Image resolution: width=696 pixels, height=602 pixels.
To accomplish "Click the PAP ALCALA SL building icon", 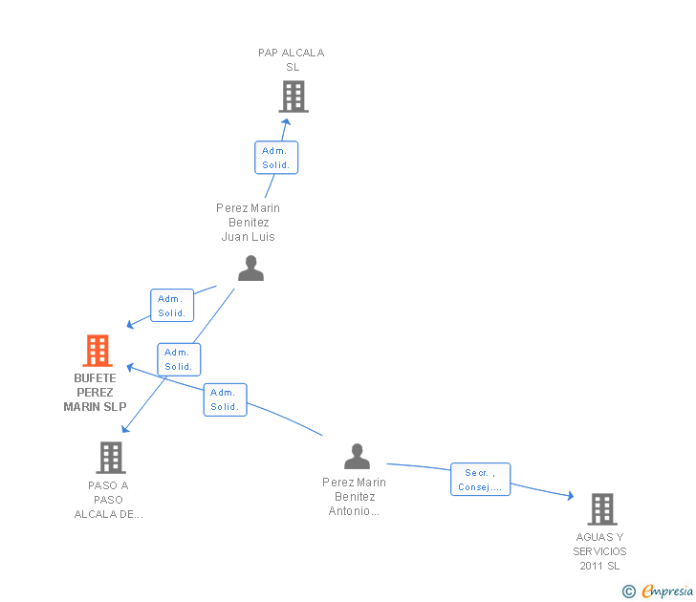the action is tap(294, 97).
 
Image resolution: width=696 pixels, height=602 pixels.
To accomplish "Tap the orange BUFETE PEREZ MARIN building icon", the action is tap(98, 351).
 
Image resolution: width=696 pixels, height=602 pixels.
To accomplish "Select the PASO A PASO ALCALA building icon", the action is tap(111, 458).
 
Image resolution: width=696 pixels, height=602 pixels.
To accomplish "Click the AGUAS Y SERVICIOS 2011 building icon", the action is tap(601, 509).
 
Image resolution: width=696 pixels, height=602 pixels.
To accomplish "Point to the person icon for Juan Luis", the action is tap(250, 269).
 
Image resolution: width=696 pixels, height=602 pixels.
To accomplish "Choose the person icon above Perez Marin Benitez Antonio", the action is tap(357, 456).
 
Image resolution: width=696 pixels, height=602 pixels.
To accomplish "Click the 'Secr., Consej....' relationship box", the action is tap(481, 480).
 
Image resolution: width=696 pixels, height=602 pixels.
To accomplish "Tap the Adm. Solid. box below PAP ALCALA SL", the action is tap(276, 158).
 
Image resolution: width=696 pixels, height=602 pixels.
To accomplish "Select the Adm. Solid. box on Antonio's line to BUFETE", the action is tap(225, 399).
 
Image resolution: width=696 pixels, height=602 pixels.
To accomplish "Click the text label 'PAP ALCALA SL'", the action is tap(292, 59).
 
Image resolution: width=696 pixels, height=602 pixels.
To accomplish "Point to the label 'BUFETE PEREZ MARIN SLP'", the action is tap(95, 393).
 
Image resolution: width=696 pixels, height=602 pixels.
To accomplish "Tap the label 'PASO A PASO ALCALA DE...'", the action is tap(109, 500).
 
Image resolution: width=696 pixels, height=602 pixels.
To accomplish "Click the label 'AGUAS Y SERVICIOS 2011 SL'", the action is tap(600, 551).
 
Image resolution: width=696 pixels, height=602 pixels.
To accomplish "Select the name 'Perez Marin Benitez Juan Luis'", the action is tap(249, 223).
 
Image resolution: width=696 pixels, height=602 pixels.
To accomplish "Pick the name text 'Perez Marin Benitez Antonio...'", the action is tap(355, 497).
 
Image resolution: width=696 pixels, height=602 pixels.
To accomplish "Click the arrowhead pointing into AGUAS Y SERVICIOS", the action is tap(570, 496).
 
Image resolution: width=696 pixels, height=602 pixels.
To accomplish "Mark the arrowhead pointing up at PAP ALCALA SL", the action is tap(285, 120).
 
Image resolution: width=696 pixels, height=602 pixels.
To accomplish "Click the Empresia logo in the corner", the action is tap(666, 591).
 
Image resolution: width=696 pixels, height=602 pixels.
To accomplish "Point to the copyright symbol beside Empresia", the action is tap(629, 591).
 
